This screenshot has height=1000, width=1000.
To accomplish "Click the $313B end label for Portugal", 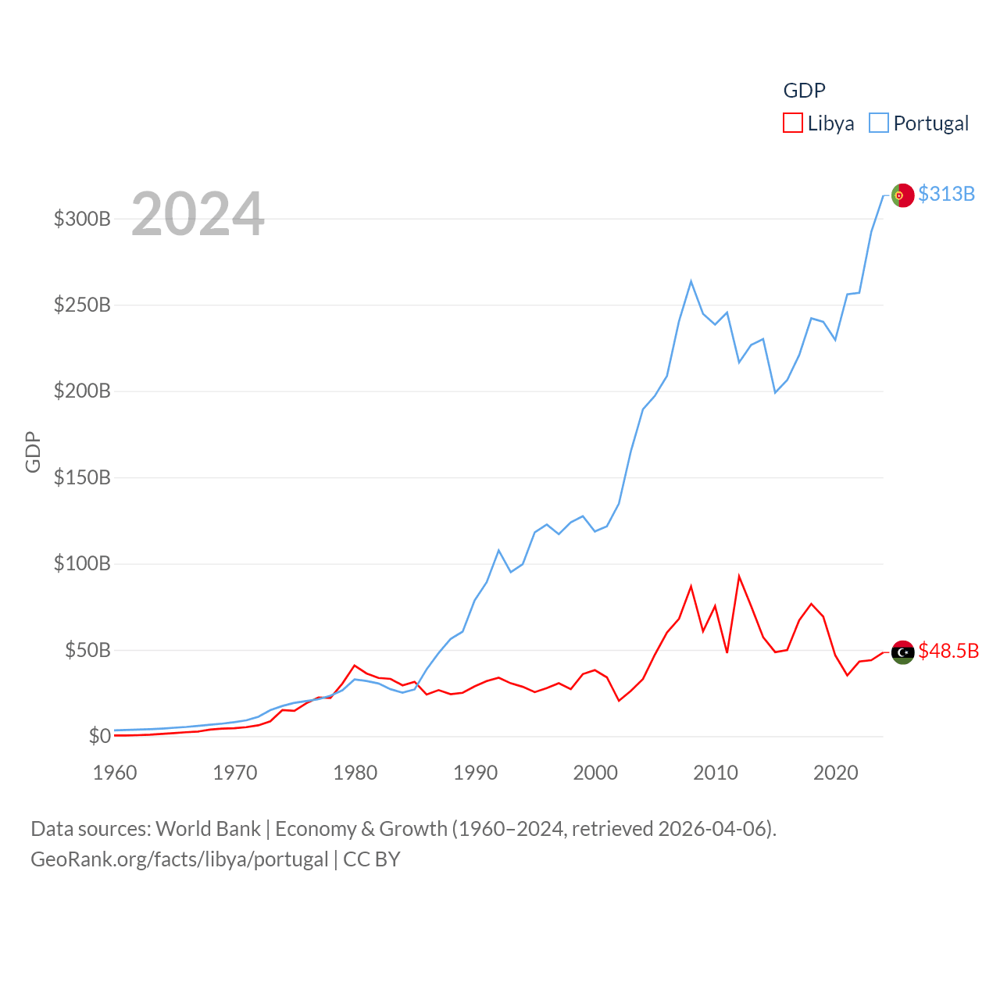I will pyautogui.click(x=946, y=194).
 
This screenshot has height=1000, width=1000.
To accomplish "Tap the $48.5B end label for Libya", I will pyautogui.click(x=948, y=651).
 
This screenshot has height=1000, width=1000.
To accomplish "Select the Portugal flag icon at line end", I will pyautogui.click(x=902, y=195).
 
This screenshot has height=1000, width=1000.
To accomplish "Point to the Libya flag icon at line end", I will pyautogui.click(x=902, y=652).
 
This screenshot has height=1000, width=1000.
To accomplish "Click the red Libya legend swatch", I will pyautogui.click(x=793, y=123).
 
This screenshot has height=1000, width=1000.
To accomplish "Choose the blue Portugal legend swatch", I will pyautogui.click(x=879, y=123).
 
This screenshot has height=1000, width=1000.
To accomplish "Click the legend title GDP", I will pyautogui.click(x=804, y=91).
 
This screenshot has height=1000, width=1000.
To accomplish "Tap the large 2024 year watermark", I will pyautogui.click(x=198, y=214).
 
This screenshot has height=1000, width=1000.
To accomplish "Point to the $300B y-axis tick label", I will pyautogui.click(x=82, y=219).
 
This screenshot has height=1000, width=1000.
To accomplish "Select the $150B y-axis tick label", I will pyautogui.click(x=82, y=477).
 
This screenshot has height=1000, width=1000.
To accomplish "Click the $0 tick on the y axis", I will pyautogui.click(x=99, y=736).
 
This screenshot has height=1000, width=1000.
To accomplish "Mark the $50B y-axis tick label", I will pyautogui.click(x=87, y=650).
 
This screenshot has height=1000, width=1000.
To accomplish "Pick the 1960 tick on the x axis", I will pyautogui.click(x=115, y=773).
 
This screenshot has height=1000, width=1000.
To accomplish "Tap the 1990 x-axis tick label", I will pyautogui.click(x=475, y=773).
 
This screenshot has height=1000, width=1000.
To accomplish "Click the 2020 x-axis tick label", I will pyautogui.click(x=835, y=773).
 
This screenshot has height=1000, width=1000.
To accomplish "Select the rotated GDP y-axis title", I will pyautogui.click(x=33, y=452).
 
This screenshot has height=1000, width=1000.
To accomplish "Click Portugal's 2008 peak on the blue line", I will pyautogui.click(x=691, y=282).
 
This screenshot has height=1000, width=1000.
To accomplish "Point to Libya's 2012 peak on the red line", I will pyautogui.click(x=739, y=577).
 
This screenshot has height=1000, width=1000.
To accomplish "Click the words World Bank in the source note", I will pyautogui.click(x=208, y=829).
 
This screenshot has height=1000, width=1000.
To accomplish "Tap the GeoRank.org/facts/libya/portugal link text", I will pyautogui.click(x=180, y=859).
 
